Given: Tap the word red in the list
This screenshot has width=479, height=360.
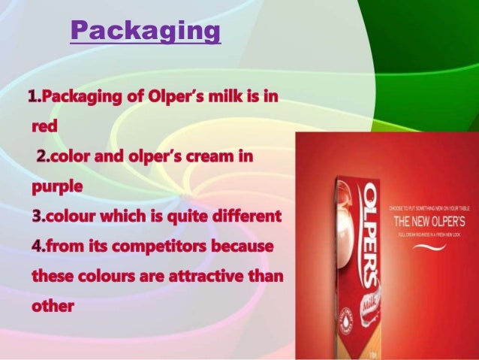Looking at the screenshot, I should click(x=44, y=127).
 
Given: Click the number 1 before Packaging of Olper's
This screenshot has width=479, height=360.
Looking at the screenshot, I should click(x=32, y=98).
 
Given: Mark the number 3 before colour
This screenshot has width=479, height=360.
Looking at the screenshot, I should click(x=35, y=216).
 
